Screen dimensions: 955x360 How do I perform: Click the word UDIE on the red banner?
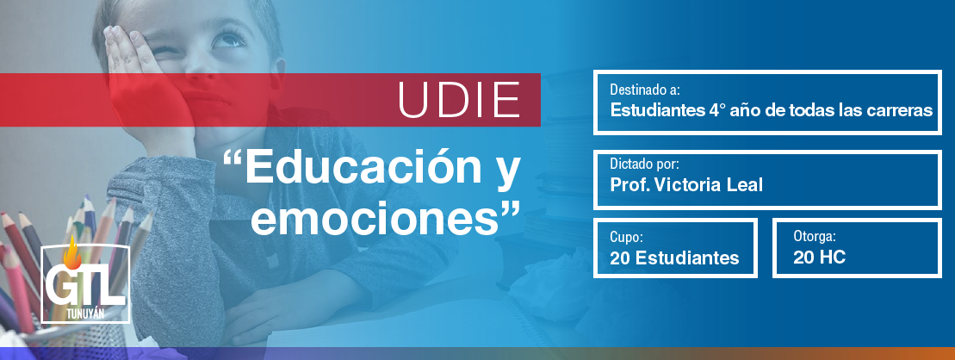click(459, 99)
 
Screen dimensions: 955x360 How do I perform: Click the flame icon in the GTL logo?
click(72, 252)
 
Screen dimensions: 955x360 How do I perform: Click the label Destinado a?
click(645, 90)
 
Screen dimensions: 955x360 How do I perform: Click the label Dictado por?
click(644, 165)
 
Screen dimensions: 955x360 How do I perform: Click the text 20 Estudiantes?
click(674, 258)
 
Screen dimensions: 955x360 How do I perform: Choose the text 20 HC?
click(819, 258)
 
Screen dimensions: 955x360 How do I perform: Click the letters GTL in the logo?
click(84, 286)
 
